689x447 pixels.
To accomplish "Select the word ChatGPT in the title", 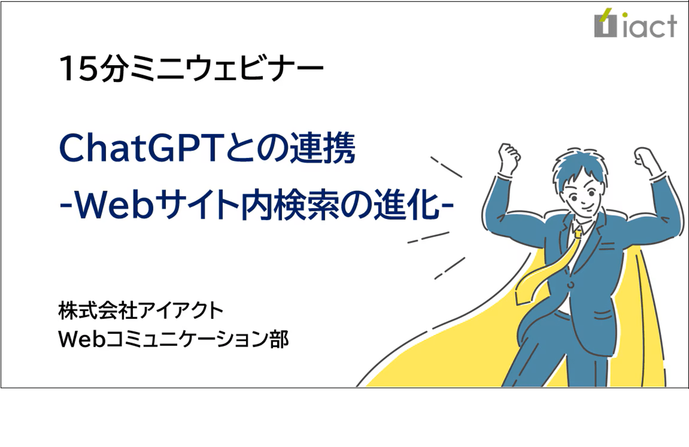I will (129, 150).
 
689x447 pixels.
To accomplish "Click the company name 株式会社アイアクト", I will (140, 311).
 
